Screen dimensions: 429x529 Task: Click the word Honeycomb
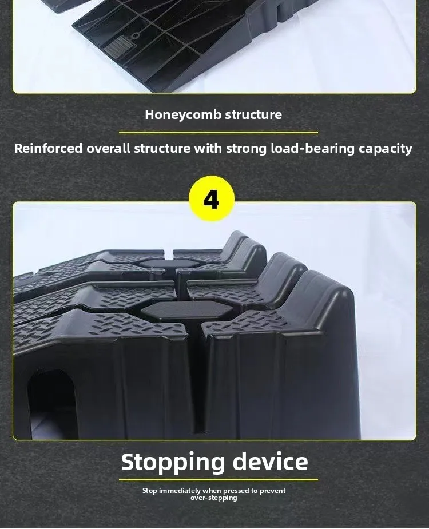(x=183, y=115)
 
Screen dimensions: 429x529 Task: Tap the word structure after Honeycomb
(x=253, y=114)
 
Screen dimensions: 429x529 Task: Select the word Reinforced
(x=48, y=149)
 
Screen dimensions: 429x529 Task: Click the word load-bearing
(x=313, y=149)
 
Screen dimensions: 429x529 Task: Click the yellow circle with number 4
(x=211, y=198)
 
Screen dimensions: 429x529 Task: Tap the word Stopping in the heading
(x=173, y=463)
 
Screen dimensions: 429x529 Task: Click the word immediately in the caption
(x=180, y=491)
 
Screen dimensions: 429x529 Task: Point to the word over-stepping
(x=214, y=498)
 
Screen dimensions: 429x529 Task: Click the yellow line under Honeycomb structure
(x=219, y=133)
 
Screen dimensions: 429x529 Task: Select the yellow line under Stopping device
(x=219, y=479)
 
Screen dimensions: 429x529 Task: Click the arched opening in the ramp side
(x=51, y=403)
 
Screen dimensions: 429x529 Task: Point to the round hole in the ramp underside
(x=136, y=35)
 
